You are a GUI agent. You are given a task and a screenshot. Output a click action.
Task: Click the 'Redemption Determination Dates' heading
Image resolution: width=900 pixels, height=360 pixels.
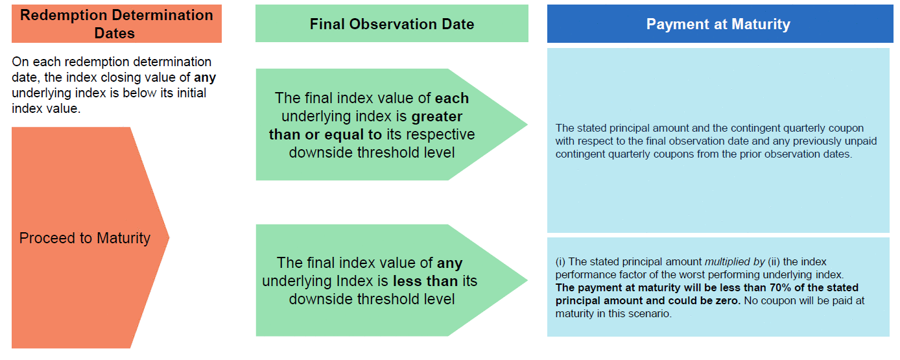click(117, 24)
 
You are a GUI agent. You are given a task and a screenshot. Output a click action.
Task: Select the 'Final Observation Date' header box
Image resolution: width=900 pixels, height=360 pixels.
click(392, 23)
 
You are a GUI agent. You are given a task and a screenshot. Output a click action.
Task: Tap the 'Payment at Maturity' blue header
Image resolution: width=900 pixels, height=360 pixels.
click(720, 24)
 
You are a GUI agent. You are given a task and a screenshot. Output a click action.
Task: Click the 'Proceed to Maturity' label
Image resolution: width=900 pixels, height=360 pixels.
click(85, 238)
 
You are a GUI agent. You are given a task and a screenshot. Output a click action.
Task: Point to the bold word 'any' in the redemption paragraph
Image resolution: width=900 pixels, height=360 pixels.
click(205, 78)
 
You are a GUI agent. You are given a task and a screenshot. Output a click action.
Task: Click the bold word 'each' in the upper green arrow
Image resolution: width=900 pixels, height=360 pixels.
click(451, 98)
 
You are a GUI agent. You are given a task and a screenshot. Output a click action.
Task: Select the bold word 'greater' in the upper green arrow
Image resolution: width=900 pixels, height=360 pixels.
click(437, 116)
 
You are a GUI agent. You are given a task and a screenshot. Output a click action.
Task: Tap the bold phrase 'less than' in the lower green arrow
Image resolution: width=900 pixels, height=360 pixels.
click(425, 281)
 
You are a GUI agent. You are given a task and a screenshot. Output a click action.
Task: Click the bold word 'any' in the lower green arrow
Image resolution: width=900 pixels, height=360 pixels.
click(449, 263)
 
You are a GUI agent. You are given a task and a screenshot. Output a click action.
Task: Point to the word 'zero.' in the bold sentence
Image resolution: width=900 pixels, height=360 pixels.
click(728, 300)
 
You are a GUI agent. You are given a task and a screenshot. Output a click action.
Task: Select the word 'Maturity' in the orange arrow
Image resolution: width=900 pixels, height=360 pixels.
click(124, 238)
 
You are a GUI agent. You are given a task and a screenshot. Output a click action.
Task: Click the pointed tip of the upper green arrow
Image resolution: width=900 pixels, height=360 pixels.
click(527, 125)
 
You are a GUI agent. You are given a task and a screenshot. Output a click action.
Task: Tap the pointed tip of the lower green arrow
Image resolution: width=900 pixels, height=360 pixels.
click(527, 280)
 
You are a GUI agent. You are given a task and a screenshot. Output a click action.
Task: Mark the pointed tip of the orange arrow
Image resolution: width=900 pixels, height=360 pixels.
click(169, 238)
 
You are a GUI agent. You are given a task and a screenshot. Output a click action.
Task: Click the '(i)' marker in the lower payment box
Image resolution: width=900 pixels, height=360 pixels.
click(560, 262)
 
